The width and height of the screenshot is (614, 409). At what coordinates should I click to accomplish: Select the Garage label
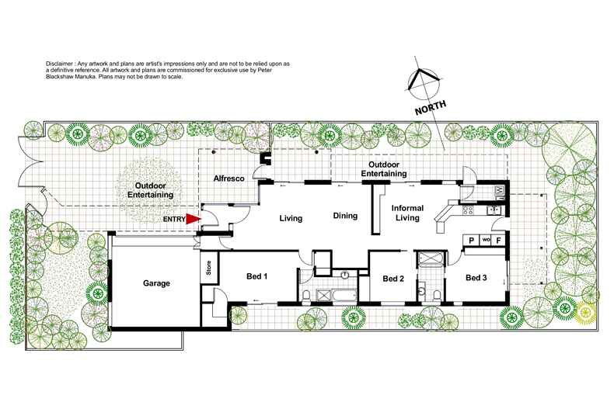(x=155, y=283)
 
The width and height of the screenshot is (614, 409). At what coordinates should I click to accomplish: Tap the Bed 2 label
(x=393, y=279)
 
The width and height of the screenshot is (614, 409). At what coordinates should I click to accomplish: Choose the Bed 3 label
(x=476, y=277)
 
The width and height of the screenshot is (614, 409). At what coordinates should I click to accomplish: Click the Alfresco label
(x=229, y=179)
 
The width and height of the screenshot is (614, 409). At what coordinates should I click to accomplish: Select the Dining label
(x=345, y=216)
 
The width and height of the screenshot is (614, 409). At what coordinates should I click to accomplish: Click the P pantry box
(x=470, y=240)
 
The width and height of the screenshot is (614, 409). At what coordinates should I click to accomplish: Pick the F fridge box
(x=499, y=240)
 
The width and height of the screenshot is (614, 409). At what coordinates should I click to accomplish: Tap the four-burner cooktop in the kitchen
(x=470, y=210)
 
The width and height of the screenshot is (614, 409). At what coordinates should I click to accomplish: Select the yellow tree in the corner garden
(x=586, y=313)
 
